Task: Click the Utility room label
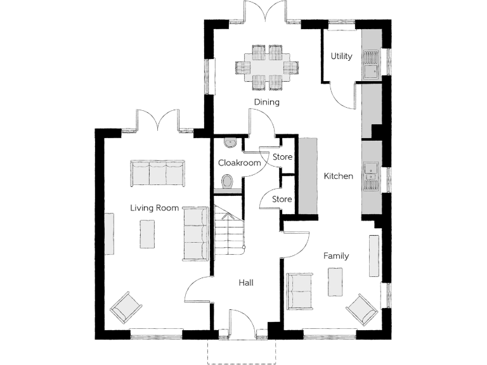pos(341,56)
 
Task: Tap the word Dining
pos(267,102)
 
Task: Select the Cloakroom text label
pos(240,163)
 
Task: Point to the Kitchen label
pos(338,176)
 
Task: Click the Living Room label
pos(154,208)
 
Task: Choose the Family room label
pos(336,256)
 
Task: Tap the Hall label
pos(246,283)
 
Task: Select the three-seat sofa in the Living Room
pos(157,173)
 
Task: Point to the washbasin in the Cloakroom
pos(230,143)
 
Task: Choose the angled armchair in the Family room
pos(363,309)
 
